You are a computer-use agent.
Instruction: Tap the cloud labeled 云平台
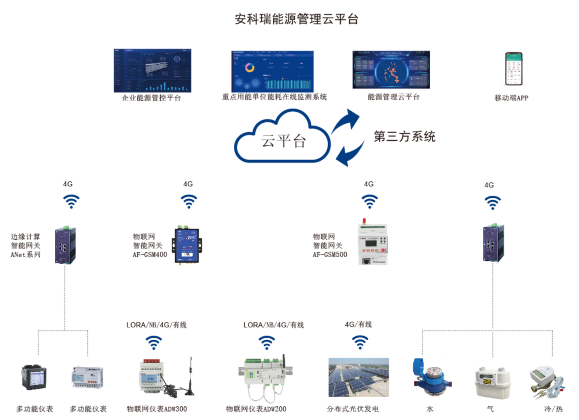[x=283, y=138]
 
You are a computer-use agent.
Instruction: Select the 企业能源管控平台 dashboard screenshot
[x=153, y=71]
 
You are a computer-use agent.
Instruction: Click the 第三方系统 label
[x=404, y=137]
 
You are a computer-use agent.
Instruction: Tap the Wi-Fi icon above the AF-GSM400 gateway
[x=188, y=202]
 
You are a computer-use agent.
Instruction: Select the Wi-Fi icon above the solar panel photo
[x=360, y=343]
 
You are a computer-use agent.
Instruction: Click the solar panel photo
[x=358, y=378]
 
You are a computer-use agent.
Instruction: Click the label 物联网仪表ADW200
[x=256, y=409]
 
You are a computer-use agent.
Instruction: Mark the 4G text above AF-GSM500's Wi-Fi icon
[x=369, y=184]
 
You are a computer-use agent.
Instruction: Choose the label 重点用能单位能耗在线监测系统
[x=274, y=97]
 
